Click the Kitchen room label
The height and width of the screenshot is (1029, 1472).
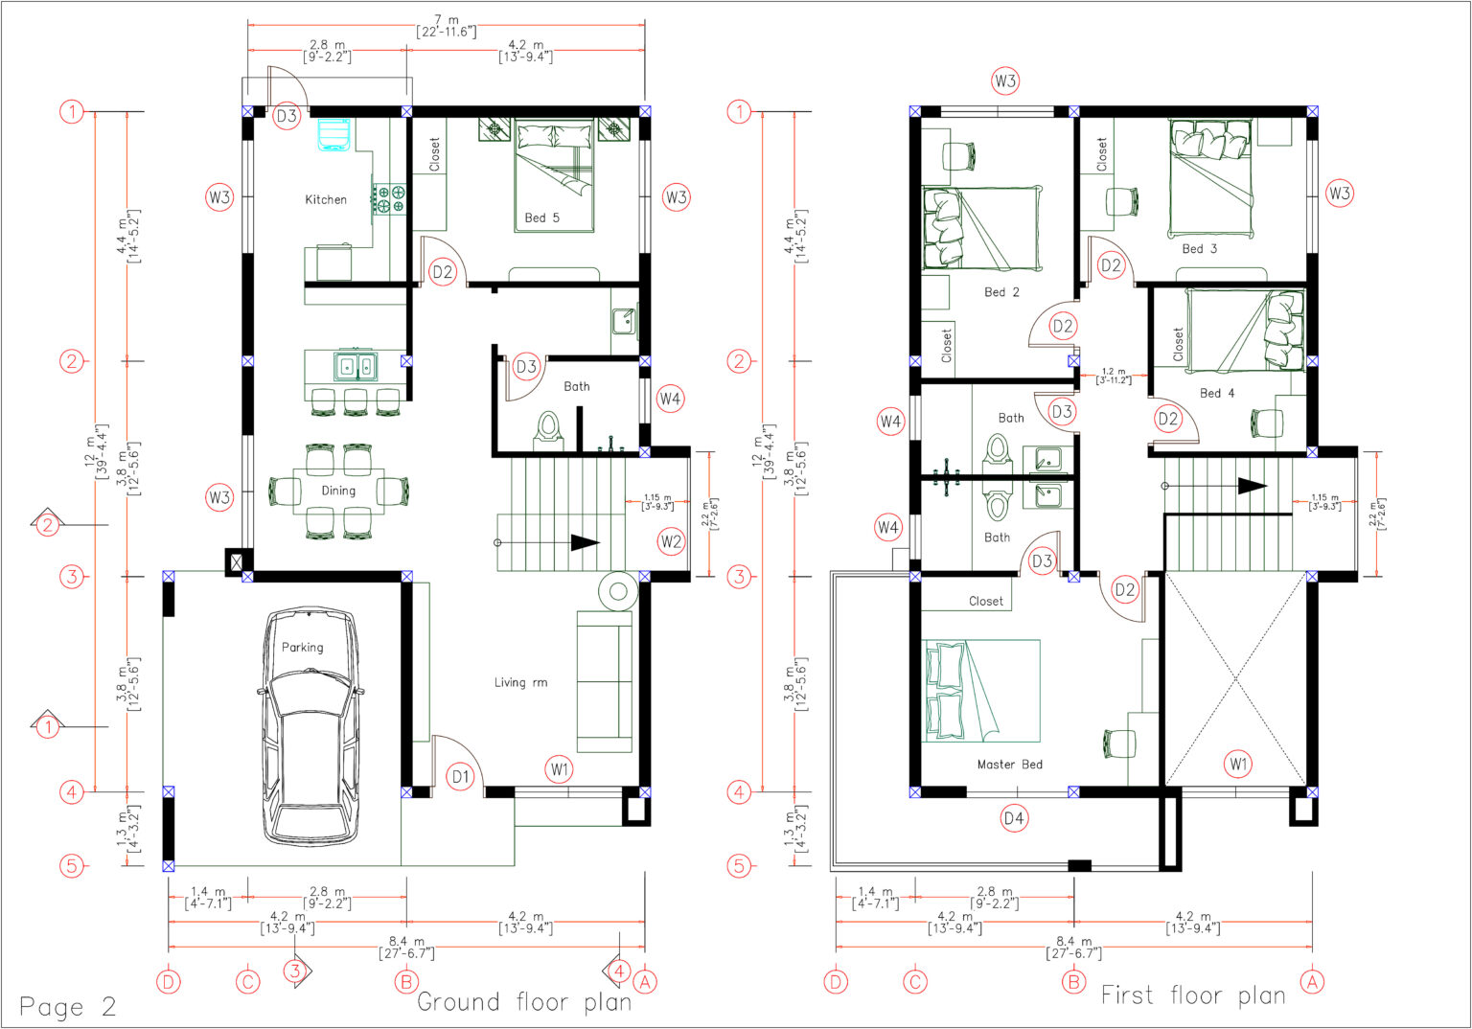326,199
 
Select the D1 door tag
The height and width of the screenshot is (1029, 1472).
461,777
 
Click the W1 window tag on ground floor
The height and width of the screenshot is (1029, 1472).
560,767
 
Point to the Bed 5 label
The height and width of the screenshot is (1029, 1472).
541,217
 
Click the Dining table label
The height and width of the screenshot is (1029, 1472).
337,491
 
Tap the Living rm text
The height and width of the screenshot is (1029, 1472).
520,682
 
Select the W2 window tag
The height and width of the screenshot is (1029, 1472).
671,541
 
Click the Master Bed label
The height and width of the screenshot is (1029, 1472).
1009,764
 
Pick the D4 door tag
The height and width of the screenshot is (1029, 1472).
1014,818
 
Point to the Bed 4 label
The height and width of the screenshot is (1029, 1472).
1216,393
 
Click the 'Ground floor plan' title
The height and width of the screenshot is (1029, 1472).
524,1002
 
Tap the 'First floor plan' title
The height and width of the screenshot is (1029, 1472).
1192,995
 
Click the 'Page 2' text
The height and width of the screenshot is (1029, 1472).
68,1006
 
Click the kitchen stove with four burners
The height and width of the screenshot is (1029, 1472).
390,198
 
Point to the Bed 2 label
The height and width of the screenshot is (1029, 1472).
1001,292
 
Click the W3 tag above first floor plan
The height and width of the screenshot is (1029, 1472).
1005,81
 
